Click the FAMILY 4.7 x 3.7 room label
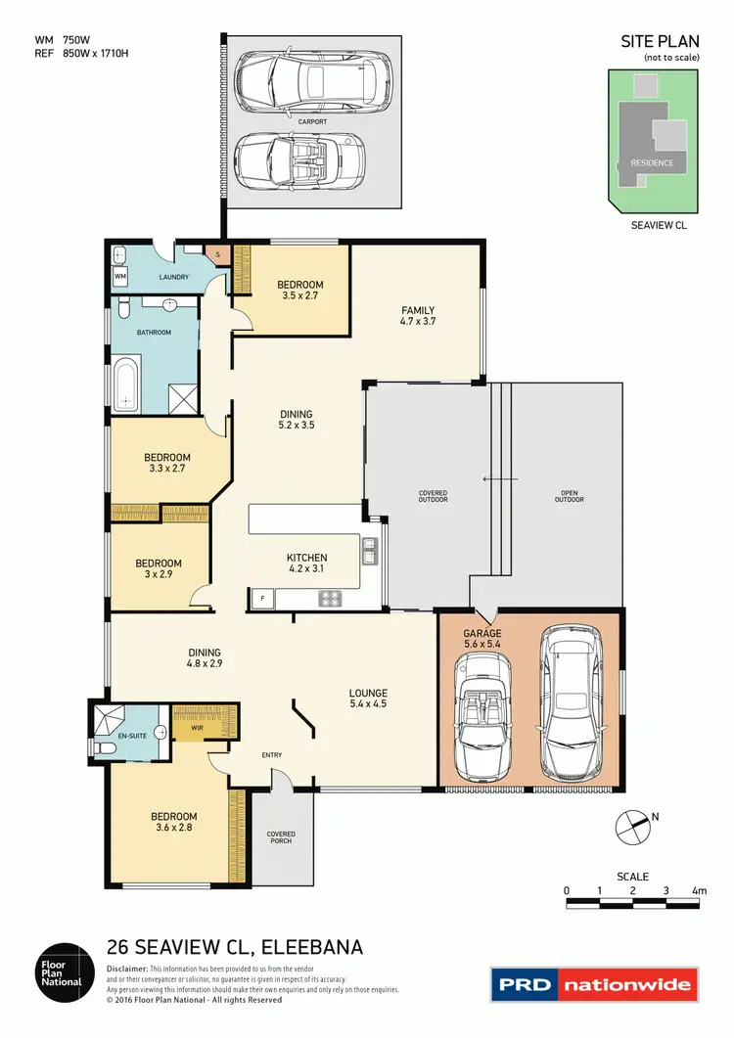pyautogui.click(x=417, y=316)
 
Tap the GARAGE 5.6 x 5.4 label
pyautogui.click(x=482, y=639)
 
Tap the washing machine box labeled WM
pyautogui.click(x=120, y=278)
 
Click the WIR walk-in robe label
pyautogui.click(x=195, y=728)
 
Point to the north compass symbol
pyautogui.click(x=633, y=827)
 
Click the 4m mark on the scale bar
pyautogui.click(x=699, y=891)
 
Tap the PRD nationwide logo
pyautogui.click(x=594, y=984)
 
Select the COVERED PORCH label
pyautogui.click(x=281, y=838)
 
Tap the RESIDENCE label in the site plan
pyautogui.click(x=652, y=162)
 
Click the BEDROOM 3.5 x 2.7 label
pyautogui.click(x=298, y=291)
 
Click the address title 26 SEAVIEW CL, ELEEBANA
pyautogui.click(x=234, y=947)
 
